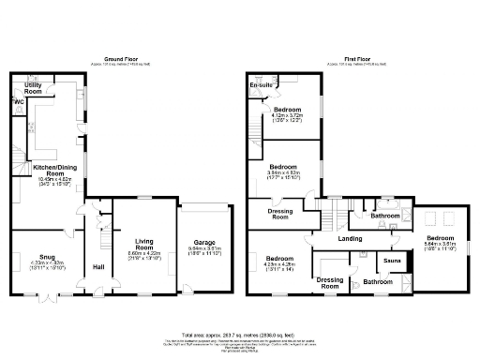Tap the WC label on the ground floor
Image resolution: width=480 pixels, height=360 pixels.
[x=18, y=101]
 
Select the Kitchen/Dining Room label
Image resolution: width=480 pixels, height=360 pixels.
[x=48, y=170]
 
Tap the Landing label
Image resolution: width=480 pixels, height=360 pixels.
[x=351, y=238]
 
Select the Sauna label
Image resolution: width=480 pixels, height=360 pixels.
[x=392, y=260]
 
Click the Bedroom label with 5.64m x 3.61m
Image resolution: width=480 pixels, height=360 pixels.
[x=440, y=238]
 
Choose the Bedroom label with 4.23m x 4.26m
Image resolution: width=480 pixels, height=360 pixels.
[x=278, y=259]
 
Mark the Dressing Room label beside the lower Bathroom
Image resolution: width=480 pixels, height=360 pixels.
[x=331, y=281]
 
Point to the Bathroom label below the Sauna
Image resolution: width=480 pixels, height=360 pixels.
[x=379, y=281]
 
